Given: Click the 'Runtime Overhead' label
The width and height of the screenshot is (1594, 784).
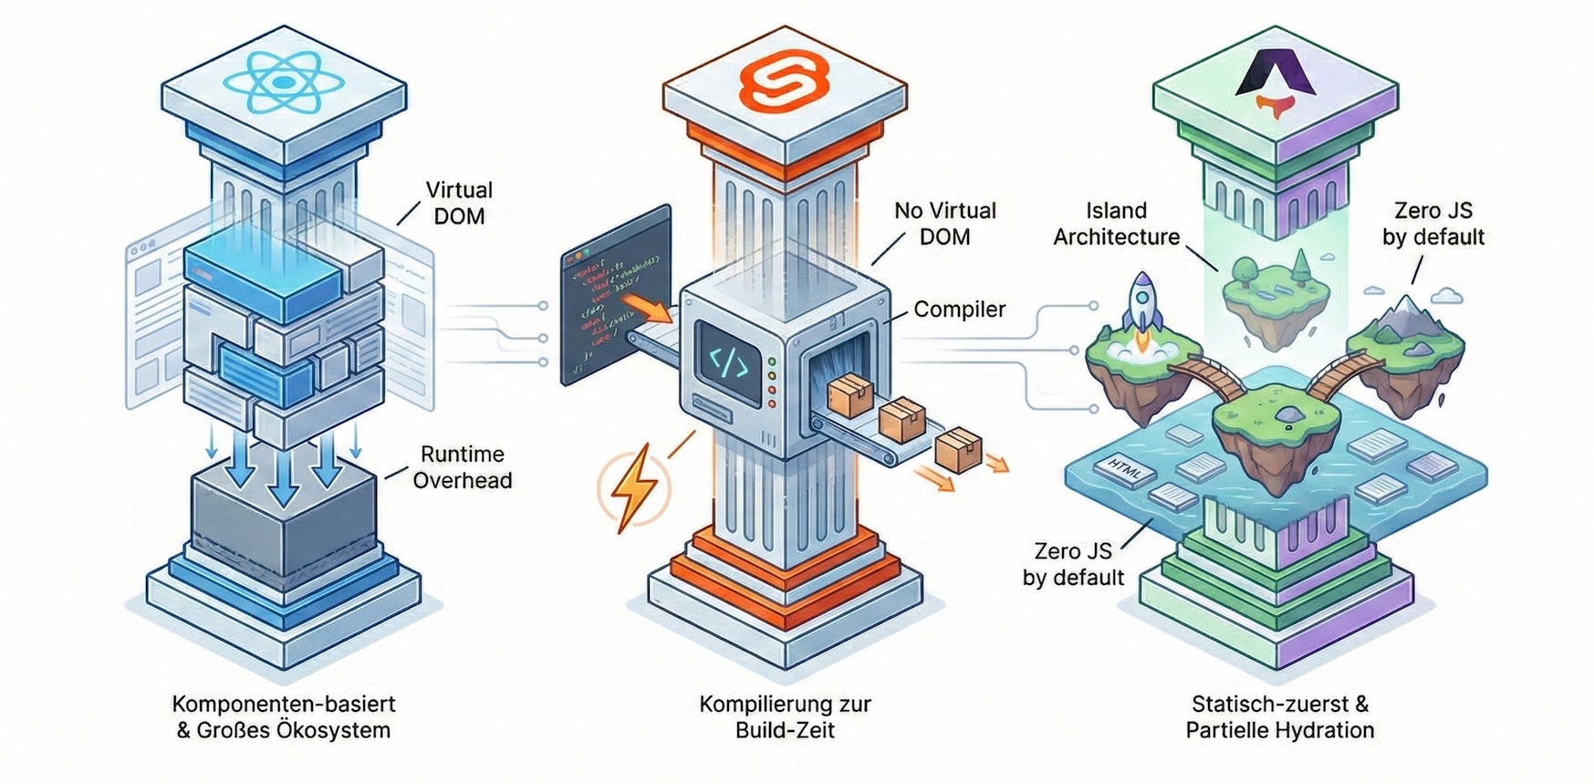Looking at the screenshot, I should tap(462, 467).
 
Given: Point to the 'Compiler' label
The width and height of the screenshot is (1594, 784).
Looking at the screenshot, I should tap(959, 309).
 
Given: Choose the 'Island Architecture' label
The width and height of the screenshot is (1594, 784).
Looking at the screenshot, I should tap(1117, 224).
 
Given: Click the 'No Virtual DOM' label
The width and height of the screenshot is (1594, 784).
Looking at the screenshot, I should tap(944, 224).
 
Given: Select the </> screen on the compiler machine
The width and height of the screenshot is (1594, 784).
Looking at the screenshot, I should tap(729, 363).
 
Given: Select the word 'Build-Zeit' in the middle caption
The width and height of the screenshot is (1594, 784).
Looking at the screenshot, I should tap(785, 730).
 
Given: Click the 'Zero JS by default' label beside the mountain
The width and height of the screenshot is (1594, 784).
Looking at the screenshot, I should tap(1433, 224).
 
